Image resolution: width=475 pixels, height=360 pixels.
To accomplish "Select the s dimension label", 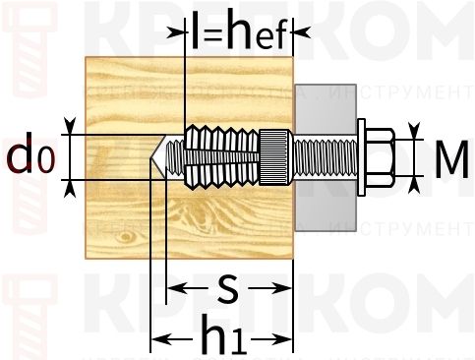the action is click(227, 288).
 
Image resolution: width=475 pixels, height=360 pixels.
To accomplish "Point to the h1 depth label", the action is click(224, 337).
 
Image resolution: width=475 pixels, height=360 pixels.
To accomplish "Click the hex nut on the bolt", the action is click(382, 156).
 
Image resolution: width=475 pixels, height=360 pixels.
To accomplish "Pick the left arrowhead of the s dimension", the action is click(172, 289).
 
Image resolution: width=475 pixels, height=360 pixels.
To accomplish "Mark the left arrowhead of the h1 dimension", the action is click(156, 339).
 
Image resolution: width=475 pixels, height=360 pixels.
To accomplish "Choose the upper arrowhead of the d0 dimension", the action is click(70, 127).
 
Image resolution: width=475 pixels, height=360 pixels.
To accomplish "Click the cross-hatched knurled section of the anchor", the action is click(272, 156).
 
